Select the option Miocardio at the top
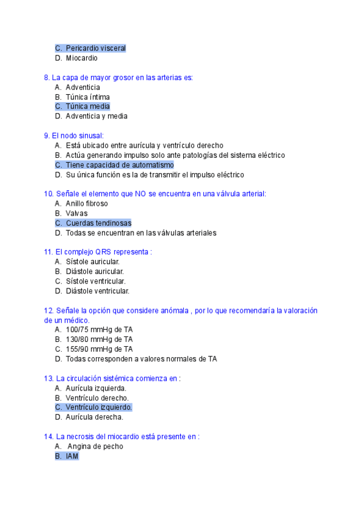tap(81, 58)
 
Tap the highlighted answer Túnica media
tap(87, 106)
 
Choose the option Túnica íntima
tap(87, 97)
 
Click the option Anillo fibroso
tap(87, 203)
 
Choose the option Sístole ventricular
tap(95, 281)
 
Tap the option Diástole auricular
tap(95, 271)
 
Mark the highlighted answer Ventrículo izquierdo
tap(98, 407)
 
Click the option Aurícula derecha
tap(94, 417)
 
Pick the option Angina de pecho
tap(95, 446)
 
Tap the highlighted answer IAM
tap(72, 456)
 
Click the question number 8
tap(47, 77)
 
